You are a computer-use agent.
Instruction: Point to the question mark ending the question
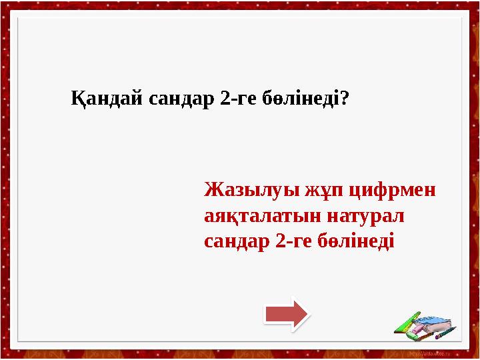click(x=346, y=99)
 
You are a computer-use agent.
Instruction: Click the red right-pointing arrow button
click(x=286, y=314)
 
